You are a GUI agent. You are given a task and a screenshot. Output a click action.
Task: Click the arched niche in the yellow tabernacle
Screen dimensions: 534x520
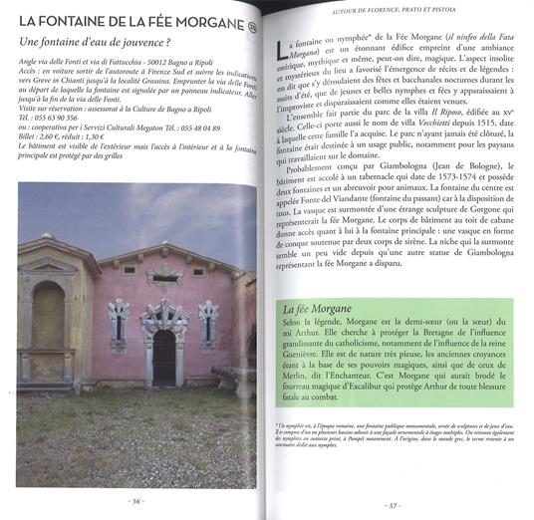[46, 316]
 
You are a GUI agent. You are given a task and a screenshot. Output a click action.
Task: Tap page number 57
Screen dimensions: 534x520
[394, 504]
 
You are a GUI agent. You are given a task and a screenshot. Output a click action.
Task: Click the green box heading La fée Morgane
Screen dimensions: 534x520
[322, 310]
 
